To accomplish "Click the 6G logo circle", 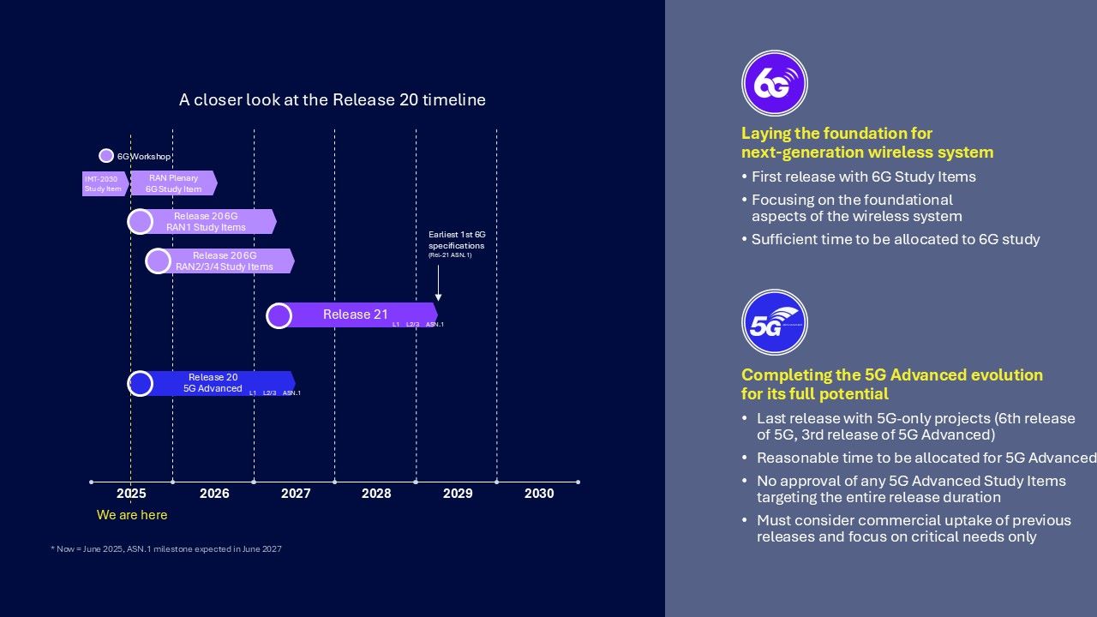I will pos(774,83).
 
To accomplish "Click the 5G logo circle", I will pos(774,322).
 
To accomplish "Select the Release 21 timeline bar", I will pos(355,314).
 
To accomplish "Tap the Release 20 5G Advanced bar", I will pos(214,383).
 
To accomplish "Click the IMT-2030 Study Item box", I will pos(103,183).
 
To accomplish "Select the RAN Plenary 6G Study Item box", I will pos(173,183).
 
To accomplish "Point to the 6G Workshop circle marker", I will pos(106,156).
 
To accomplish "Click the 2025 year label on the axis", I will pos(131,494).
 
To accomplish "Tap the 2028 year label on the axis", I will pos(376,494).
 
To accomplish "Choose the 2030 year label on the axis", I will pos(539,494).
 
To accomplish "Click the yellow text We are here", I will pos(132,515).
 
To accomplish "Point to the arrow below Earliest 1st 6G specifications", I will pos(438,283).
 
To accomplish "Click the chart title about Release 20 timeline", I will pos(333,100).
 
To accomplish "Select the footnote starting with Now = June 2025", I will pos(166,549).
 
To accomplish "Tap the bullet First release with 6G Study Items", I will pos(863,177).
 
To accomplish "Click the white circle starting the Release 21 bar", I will pos(279,315).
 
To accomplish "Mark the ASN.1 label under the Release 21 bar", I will pos(435,325).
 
